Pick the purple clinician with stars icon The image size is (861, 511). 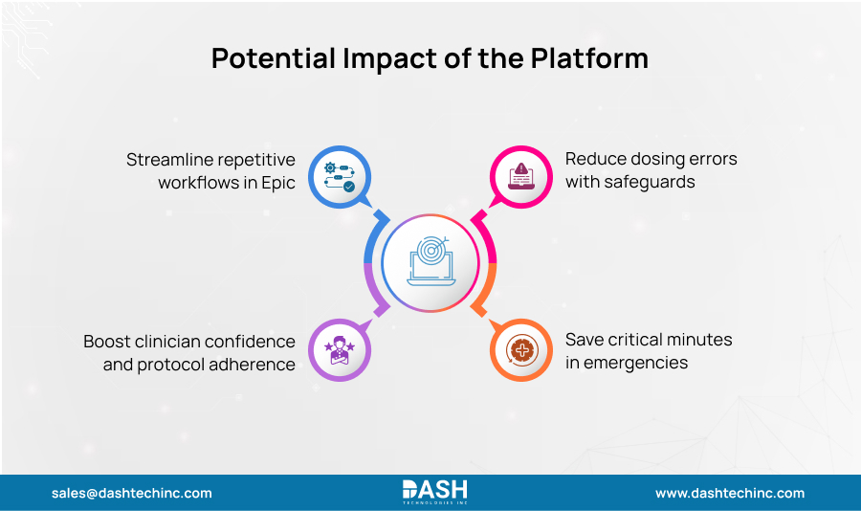[x=340, y=350]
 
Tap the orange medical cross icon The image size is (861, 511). [x=521, y=350]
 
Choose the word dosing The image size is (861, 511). [x=661, y=159]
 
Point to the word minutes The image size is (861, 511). [x=700, y=341]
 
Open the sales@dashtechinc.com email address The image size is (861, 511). [x=132, y=494]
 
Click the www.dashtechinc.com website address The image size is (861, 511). [x=730, y=494]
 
